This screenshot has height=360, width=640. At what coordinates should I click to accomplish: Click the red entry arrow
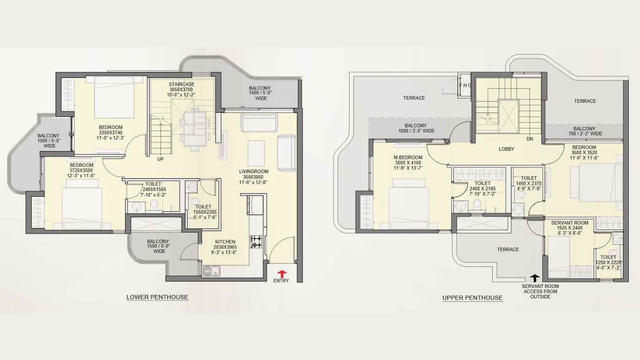282,273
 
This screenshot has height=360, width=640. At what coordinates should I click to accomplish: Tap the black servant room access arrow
535,278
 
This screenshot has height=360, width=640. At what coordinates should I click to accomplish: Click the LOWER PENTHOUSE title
157,297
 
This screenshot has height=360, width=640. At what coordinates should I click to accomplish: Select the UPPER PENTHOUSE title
472,297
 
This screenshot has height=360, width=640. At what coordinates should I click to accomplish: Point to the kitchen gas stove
256,241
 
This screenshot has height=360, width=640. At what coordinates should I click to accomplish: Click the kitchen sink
211,271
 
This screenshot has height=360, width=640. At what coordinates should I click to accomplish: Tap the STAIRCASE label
181,84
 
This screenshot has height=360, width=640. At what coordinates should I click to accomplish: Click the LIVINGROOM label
253,171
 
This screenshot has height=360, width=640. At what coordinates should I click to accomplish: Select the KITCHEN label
225,241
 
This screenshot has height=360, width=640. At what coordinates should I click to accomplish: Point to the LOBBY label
506,149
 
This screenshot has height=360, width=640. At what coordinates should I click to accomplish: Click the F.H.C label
465,85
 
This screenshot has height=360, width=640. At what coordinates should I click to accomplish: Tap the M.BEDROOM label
408,157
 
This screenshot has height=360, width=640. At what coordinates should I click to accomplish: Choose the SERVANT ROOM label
569,222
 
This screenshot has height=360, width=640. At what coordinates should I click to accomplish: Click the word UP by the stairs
160,159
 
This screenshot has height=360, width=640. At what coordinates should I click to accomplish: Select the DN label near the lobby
529,139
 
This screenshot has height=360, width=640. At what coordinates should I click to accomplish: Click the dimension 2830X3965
225,247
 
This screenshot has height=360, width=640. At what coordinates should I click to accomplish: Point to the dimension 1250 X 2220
608,262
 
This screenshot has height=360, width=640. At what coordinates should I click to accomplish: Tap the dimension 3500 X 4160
408,162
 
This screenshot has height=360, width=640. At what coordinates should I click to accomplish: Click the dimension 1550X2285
205,212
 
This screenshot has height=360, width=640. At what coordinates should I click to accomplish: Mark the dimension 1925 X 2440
569,228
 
